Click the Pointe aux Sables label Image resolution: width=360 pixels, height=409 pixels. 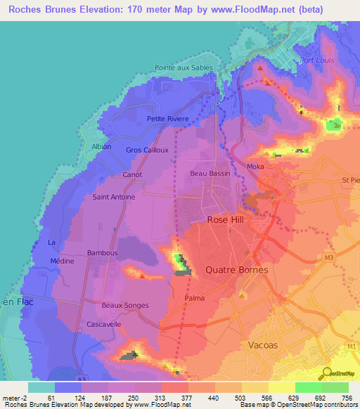(183, 68)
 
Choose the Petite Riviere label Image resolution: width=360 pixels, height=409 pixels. (167, 119)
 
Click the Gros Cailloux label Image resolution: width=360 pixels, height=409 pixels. (147, 150)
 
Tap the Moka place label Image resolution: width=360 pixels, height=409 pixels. (255, 167)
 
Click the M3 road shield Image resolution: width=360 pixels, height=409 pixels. (329, 258)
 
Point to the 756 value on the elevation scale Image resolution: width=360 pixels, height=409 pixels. (347, 398)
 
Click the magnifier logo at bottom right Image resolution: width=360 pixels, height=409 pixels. (326, 373)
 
